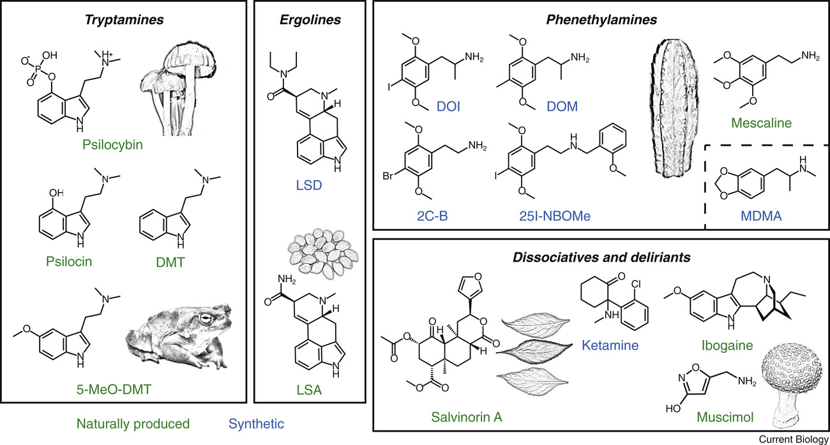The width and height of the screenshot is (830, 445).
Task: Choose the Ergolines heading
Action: click(310, 20)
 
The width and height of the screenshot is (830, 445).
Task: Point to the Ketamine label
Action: click(608, 347)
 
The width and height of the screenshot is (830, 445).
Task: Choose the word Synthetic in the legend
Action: click(255, 423)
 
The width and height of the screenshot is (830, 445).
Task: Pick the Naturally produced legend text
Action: click(133, 423)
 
